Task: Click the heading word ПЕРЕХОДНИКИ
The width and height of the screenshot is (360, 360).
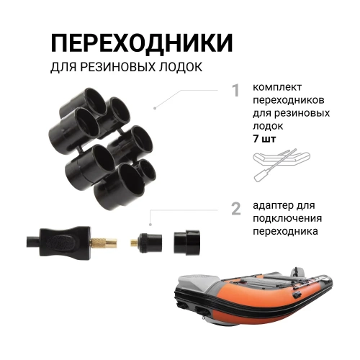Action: click(x=142, y=42)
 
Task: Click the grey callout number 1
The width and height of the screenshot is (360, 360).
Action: click(x=237, y=91)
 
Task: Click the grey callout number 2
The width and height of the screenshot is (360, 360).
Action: click(x=236, y=209)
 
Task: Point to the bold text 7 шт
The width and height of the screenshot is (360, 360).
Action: click(x=264, y=139)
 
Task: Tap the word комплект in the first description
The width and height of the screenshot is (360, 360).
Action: click(x=277, y=87)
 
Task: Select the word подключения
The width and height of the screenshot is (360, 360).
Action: click(x=287, y=218)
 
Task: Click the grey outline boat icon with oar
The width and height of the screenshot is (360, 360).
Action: click(x=282, y=165)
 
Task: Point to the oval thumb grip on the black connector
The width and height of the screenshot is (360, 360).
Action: click(x=60, y=243)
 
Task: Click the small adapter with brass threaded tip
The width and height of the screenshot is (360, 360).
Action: click(x=146, y=242)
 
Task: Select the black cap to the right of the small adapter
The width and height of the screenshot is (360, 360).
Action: click(x=186, y=243)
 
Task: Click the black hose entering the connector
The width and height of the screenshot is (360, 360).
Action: click(x=33, y=242)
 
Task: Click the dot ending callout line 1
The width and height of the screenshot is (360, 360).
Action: click(x=155, y=108)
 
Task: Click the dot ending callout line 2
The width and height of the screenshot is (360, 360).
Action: click(x=150, y=225)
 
